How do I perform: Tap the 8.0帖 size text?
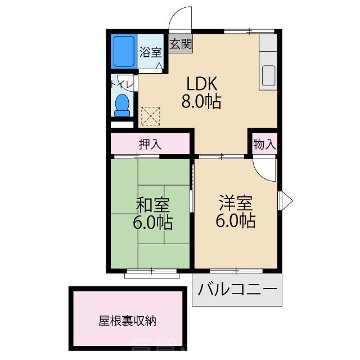[x=201, y=102]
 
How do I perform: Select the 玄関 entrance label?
[x=181, y=44]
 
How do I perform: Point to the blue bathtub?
[x=123, y=51]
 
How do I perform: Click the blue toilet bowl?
[x=122, y=103]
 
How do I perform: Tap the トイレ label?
[x=121, y=85]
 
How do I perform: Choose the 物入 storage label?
[x=264, y=144]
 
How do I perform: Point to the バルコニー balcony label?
[x=237, y=290]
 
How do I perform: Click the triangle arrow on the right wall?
[x=285, y=199]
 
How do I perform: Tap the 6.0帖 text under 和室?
[x=152, y=223]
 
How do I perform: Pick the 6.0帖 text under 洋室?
[x=236, y=220]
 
